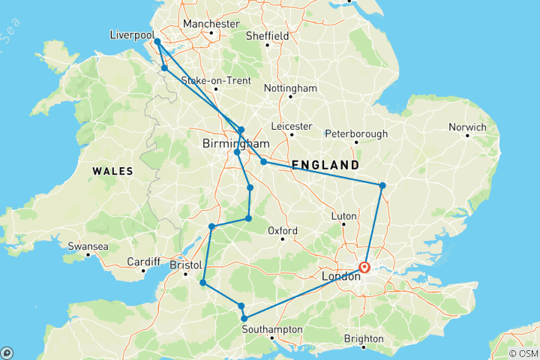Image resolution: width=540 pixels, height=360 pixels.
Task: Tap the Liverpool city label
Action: pyautogui.click(x=131, y=35)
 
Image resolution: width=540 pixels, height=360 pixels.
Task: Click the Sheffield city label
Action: pyautogui.click(x=268, y=35)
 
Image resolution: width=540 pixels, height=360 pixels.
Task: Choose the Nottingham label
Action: pyautogui.click(x=290, y=88)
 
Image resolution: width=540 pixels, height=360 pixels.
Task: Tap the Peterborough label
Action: pyautogui.click(x=356, y=134)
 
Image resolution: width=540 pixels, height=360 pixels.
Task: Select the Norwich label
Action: pyautogui.click(x=467, y=127)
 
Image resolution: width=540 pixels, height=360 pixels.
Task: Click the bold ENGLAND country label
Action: pyautogui.click(x=325, y=164)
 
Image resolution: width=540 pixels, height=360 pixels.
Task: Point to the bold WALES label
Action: pyautogui.click(x=112, y=172)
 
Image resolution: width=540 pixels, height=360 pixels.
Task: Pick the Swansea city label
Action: pyautogui.click(x=88, y=246)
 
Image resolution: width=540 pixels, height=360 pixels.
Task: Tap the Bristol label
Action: pyautogui.click(x=187, y=265)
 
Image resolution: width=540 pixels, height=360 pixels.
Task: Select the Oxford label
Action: pyautogui.click(x=283, y=230)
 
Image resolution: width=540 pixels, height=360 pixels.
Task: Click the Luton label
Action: pyautogui.click(x=343, y=215)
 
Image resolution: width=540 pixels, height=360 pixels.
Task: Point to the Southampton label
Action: pyautogui.click(x=272, y=329)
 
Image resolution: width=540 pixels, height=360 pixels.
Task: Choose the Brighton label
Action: pyautogui.click(x=363, y=338)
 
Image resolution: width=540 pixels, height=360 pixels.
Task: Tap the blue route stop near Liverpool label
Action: pyautogui.click(x=157, y=42)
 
